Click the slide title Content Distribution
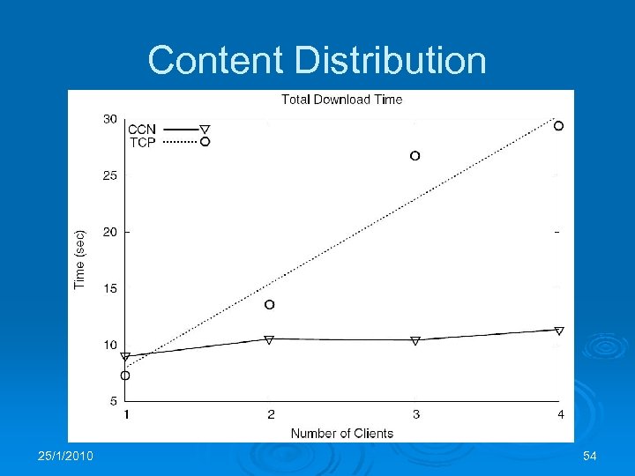click(x=317, y=61)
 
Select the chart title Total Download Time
click(x=341, y=100)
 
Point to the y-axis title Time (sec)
click(x=80, y=259)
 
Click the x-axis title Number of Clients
click(x=342, y=433)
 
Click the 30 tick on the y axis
click(x=110, y=119)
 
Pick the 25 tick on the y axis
click(x=110, y=175)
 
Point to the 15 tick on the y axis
click(x=110, y=288)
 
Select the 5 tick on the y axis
click(x=113, y=401)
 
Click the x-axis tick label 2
click(x=271, y=414)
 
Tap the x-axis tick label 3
click(x=415, y=414)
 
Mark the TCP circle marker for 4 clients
click(x=558, y=126)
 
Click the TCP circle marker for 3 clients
click(x=415, y=156)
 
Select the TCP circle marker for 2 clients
click(x=270, y=305)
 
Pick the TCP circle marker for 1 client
click(x=125, y=376)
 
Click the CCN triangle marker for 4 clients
click(x=559, y=331)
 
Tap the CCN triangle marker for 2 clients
click(x=270, y=338)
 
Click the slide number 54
click(x=590, y=455)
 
